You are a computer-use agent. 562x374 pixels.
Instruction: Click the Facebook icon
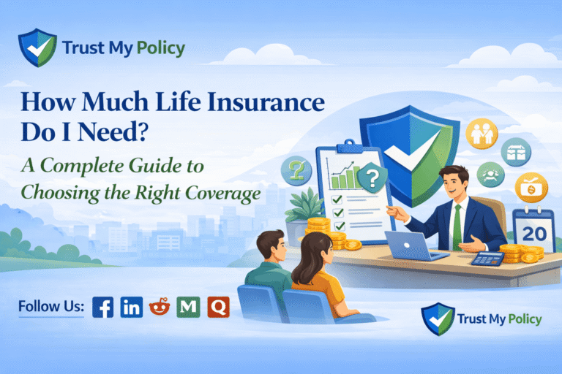pos(103,307)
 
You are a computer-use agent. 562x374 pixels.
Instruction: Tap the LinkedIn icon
pos(132,307)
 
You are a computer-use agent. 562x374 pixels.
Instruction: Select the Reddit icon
pos(160,307)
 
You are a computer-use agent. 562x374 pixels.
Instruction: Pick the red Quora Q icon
pos(218,307)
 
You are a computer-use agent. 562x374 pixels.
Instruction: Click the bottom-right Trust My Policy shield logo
pos(437,318)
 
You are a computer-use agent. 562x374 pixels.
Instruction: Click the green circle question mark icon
pos(296,169)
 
